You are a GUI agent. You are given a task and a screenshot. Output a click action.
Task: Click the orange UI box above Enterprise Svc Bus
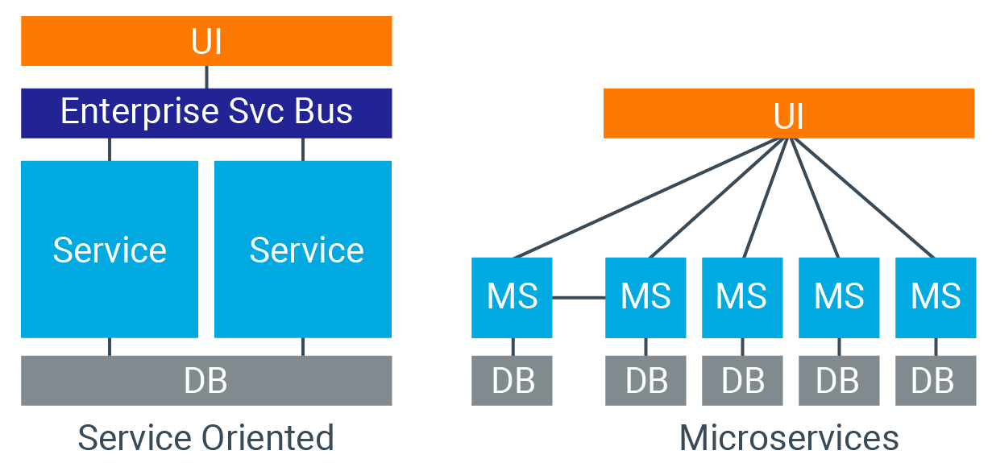(x=206, y=41)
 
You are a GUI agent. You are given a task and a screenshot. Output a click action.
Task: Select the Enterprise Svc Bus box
(x=206, y=113)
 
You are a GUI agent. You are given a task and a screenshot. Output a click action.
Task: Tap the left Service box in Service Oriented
(x=110, y=250)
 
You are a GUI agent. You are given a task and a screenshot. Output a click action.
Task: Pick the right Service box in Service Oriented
(x=303, y=250)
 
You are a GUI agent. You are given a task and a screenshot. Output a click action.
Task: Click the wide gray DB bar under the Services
(x=206, y=380)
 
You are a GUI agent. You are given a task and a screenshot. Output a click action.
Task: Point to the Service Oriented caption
(x=206, y=439)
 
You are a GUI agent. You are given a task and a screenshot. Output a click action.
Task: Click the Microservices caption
(x=789, y=439)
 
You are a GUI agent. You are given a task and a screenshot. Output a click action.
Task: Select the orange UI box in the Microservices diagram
(x=789, y=114)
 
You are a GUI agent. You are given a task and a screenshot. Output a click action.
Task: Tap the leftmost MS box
(x=512, y=297)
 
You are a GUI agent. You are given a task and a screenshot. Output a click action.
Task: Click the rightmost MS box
(x=936, y=297)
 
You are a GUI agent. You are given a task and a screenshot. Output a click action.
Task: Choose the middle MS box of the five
(x=742, y=297)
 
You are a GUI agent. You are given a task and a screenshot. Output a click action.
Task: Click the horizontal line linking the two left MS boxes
(x=579, y=298)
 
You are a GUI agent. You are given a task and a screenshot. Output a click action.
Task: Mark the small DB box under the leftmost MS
(x=512, y=380)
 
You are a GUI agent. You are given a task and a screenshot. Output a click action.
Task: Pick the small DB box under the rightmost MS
(x=936, y=380)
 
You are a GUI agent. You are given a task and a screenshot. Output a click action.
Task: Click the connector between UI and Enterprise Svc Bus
(x=206, y=77)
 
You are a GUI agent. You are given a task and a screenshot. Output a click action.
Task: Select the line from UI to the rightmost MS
(x=862, y=198)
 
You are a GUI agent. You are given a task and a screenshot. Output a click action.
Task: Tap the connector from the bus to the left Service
(x=110, y=150)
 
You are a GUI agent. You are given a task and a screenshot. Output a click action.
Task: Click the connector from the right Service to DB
(x=303, y=347)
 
